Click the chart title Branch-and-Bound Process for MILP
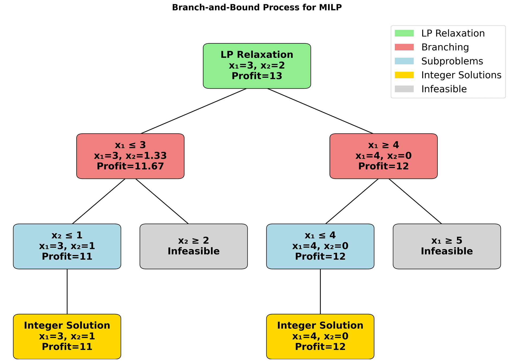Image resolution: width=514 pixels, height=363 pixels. (x=257, y=8)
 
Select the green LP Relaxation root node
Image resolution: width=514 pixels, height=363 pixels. (x=257, y=66)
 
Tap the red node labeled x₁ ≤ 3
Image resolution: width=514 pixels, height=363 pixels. (x=130, y=156)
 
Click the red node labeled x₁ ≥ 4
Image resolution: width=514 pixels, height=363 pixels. (x=383, y=156)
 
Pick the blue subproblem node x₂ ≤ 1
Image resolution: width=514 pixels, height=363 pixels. (x=67, y=246)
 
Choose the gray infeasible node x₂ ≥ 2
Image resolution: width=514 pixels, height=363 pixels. (x=194, y=246)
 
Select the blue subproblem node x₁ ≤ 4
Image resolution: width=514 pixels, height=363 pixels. (x=320, y=246)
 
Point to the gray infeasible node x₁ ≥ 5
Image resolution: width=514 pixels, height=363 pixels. (x=447, y=246)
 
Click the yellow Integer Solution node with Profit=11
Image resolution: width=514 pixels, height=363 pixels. (x=67, y=336)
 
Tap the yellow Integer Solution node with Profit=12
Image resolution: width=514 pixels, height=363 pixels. (x=320, y=336)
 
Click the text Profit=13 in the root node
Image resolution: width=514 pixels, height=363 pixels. (x=257, y=76)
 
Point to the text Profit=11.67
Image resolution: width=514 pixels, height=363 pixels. (x=130, y=166)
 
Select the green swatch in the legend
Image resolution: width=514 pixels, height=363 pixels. (x=404, y=33)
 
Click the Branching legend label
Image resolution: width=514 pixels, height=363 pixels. (x=445, y=47)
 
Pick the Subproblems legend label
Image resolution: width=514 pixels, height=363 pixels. (x=452, y=61)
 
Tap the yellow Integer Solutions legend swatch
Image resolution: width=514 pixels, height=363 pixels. (x=404, y=75)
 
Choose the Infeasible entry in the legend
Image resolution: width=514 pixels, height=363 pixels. (x=444, y=89)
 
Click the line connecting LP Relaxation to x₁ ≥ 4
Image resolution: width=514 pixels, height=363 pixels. (x=320, y=111)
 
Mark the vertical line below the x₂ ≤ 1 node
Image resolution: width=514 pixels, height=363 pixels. (x=67, y=291)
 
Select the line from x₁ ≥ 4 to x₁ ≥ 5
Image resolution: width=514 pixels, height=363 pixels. (x=415, y=201)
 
